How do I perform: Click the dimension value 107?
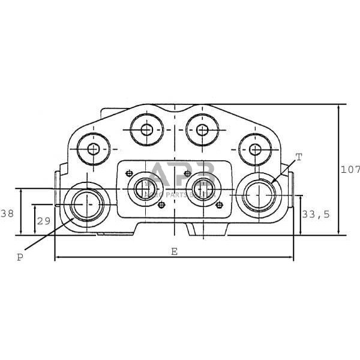tap(350, 170)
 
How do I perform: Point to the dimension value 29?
tap(43, 221)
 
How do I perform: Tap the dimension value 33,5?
tap(316, 214)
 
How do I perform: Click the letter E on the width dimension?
tap(175, 252)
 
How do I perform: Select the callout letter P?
tap(20, 257)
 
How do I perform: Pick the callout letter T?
tap(299, 157)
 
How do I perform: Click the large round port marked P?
tap(86, 204)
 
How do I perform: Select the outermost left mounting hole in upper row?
tap(94, 148)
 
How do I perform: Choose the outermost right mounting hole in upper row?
tap(255, 148)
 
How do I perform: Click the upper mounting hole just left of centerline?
tap(146, 130)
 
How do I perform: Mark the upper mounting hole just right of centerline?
tap(202, 130)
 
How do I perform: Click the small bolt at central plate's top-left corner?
tap(128, 173)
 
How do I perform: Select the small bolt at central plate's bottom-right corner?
tap(218, 205)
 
